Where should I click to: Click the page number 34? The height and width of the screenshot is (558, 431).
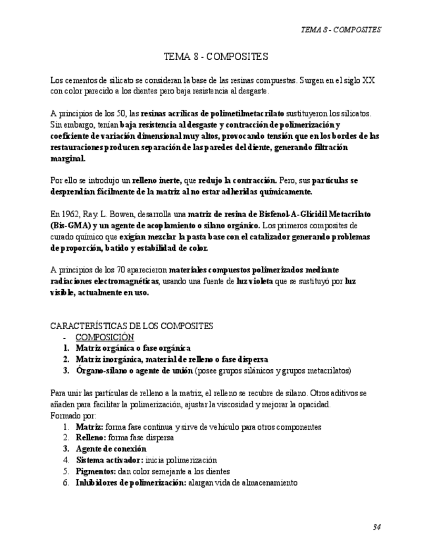tap(376, 526)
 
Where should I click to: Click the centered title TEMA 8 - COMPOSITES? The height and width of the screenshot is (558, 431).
tap(215, 57)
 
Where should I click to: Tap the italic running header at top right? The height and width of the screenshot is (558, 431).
tap(340, 30)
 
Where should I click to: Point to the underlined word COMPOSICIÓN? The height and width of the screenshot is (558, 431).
tap(105, 337)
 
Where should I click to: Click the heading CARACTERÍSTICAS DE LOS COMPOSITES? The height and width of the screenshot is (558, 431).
tap(132, 326)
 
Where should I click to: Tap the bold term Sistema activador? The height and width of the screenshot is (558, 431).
tap(109, 460)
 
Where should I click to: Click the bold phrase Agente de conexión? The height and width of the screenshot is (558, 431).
tap(111, 449)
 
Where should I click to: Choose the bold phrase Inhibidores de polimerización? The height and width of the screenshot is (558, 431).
tap(131, 482)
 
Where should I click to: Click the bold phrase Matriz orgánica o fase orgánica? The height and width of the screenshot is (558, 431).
tap(133, 348)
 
